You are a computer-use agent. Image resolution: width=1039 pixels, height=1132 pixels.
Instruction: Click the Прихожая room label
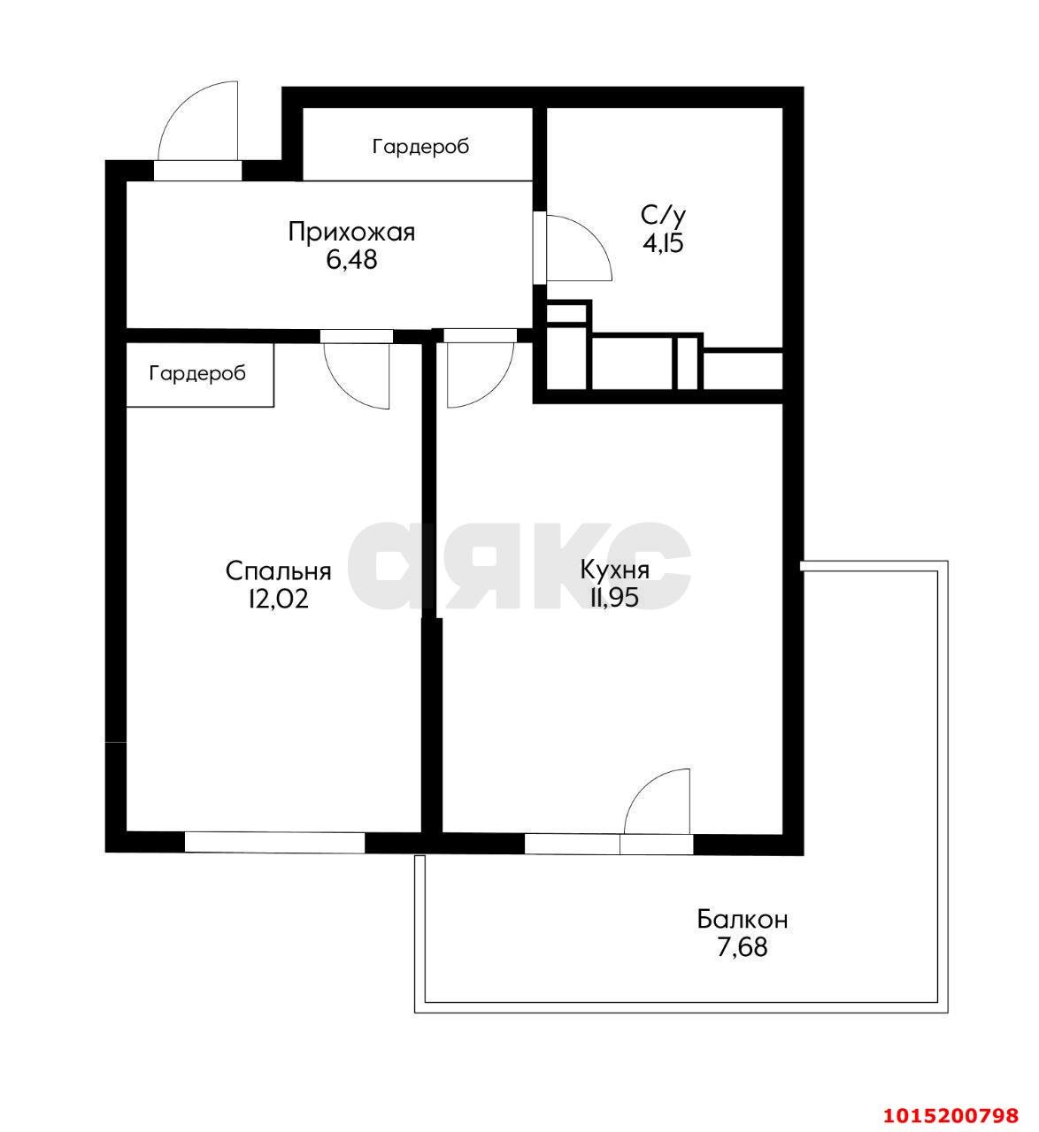pyautogui.click(x=351, y=233)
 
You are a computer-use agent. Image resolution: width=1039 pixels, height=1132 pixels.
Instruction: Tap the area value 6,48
pyautogui.click(x=351, y=260)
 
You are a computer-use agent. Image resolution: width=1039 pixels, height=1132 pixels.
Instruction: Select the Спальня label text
pyautogui.click(x=278, y=571)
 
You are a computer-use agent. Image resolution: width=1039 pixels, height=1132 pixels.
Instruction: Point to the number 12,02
pyautogui.click(x=278, y=599)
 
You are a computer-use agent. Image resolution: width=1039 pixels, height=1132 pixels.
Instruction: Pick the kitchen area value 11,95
pyautogui.click(x=614, y=597)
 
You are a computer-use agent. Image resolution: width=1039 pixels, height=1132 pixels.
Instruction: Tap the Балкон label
pyautogui.click(x=742, y=920)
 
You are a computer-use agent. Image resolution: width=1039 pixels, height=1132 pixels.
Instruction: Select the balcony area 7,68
pyautogui.click(x=742, y=948)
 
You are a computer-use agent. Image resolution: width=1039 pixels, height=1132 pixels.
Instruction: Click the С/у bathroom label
pyautogui.click(x=663, y=215)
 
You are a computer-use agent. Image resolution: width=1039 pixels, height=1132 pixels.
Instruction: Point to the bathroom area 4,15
pyautogui.click(x=663, y=242)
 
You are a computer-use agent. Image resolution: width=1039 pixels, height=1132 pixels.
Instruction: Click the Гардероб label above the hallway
pyautogui.click(x=420, y=146)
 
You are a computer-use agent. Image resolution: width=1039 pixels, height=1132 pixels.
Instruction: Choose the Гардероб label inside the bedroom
pyautogui.click(x=197, y=373)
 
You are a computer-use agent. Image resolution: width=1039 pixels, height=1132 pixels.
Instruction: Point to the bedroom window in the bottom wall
pyautogui.click(x=274, y=842)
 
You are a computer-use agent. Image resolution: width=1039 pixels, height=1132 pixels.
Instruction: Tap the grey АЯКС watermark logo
pyautogui.click(x=519, y=566)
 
